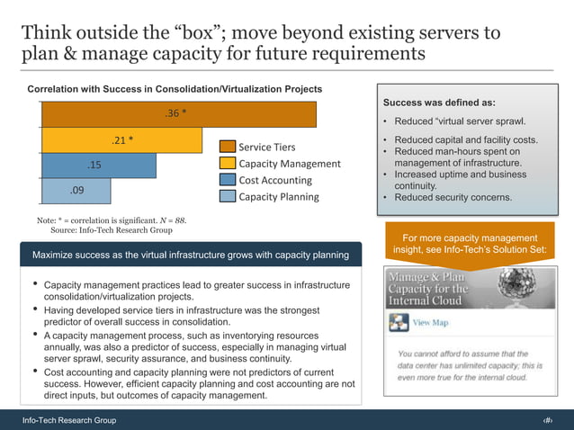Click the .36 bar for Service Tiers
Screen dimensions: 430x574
point(178,114)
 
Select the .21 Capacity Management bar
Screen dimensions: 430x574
point(121,140)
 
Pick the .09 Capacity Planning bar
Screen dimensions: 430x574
point(76,191)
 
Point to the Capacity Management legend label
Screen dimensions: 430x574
point(289,164)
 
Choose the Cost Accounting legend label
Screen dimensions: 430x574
point(275,180)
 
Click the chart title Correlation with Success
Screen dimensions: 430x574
point(175,90)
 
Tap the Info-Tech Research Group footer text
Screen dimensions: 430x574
point(69,421)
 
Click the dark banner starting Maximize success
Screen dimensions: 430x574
point(191,255)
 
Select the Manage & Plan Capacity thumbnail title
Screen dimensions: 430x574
point(428,288)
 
